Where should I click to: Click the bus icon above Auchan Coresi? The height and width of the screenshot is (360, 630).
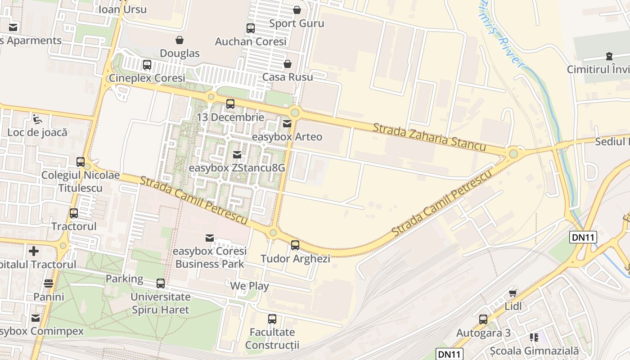251,28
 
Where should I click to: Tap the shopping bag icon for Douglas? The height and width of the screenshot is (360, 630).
180,40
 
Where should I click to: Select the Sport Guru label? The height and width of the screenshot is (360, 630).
297,23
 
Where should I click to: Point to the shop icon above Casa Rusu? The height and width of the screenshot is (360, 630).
287,64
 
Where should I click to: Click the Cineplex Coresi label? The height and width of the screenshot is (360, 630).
147,78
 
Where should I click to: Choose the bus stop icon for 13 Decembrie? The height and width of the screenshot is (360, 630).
230,104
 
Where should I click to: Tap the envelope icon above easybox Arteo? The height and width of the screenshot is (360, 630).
287,123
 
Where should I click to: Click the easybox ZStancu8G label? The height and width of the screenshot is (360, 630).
237,168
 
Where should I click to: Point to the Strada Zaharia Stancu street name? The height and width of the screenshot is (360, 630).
429,137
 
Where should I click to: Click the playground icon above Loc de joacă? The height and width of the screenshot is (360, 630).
37,119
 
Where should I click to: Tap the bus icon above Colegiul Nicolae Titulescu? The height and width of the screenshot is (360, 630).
81,162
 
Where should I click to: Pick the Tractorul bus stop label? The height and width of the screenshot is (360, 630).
74,226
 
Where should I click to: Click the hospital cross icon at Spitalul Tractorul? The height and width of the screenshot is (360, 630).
34,251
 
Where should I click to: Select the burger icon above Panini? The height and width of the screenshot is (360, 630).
49,283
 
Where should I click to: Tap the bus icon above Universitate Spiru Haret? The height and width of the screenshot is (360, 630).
161,283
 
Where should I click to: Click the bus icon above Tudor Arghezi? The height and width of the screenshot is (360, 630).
295,245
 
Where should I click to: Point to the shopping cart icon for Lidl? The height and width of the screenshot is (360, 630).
513,293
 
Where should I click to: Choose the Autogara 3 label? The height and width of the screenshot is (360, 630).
483,333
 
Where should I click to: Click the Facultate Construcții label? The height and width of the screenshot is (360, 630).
272,339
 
